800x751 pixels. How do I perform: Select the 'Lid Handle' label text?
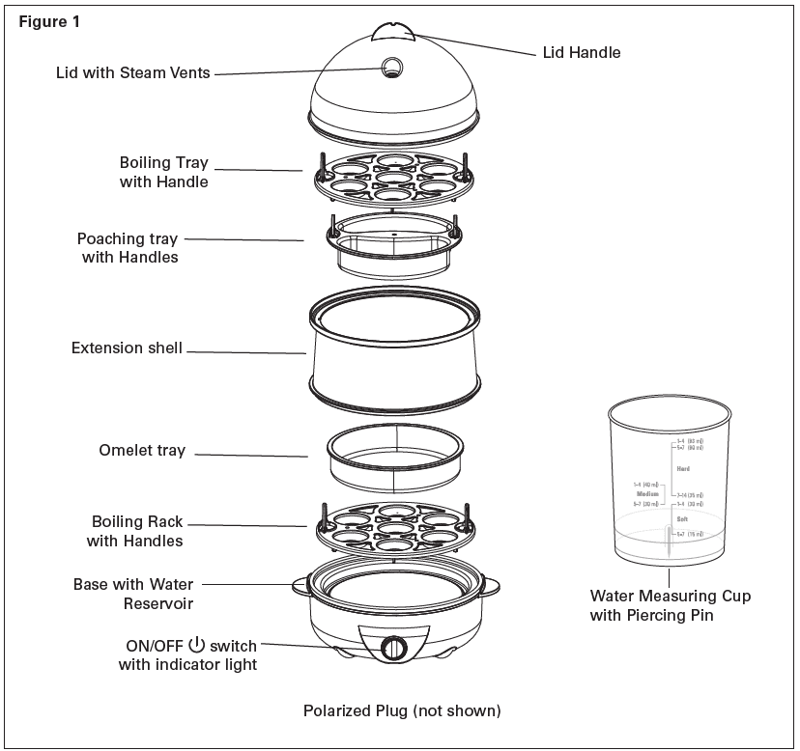pos(580,52)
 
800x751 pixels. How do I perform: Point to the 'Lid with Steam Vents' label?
pos(132,72)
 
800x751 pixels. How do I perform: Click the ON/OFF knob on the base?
pos(393,648)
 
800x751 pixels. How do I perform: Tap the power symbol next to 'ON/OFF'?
pos(197,645)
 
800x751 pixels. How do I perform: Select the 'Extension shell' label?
pos(127,348)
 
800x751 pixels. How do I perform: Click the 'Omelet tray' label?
pos(142,451)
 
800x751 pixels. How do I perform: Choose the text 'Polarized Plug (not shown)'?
pos(402,711)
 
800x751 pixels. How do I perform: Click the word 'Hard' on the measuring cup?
pos(683,469)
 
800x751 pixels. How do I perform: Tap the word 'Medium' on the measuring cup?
pos(646,493)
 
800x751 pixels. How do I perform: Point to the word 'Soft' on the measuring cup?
pos(682,518)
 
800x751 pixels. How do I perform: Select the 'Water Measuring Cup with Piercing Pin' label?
pos(670,605)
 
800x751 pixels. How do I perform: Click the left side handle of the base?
pos(299,584)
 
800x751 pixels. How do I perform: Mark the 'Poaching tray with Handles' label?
pos(129,248)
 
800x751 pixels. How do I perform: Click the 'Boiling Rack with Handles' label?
pos(135,531)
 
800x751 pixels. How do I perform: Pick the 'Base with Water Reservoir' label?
pos(133,594)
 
